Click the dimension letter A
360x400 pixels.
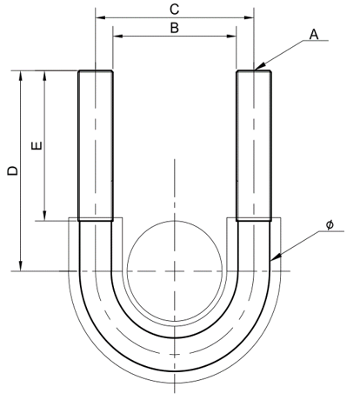[x=314, y=34]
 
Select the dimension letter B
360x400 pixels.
[x=174, y=28]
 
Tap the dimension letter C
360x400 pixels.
[x=174, y=9]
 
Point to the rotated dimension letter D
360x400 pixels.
[x=11, y=171]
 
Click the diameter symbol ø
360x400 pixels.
[x=330, y=225]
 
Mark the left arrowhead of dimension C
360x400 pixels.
[x=98, y=17]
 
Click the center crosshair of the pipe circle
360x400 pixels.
[x=175, y=270]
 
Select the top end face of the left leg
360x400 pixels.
[x=95, y=71]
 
